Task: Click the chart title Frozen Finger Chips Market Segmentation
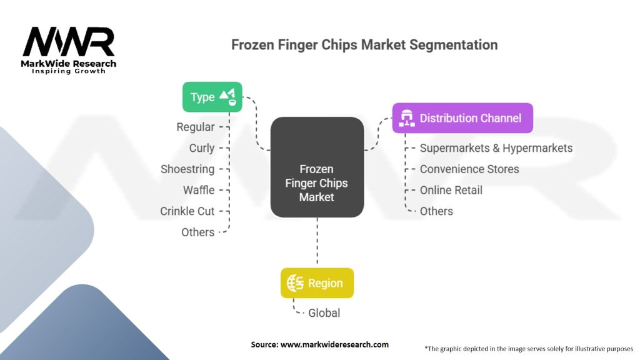[364, 45]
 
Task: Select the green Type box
[212, 97]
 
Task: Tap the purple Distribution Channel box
[462, 118]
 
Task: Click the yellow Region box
[317, 283]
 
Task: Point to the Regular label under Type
[196, 127]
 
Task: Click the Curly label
[202, 148]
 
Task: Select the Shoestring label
[187, 169]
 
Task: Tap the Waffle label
[199, 190]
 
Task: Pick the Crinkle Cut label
[187, 211]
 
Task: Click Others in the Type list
[197, 232]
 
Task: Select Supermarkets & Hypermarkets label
[496, 148]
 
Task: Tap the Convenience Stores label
[469, 169]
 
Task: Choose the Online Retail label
[451, 190]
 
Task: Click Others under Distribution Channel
[436, 211]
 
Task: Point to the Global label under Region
[324, 313]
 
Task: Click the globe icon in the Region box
[295, 283]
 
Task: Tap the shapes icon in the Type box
[228, 96]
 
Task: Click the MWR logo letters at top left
[69, 42]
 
